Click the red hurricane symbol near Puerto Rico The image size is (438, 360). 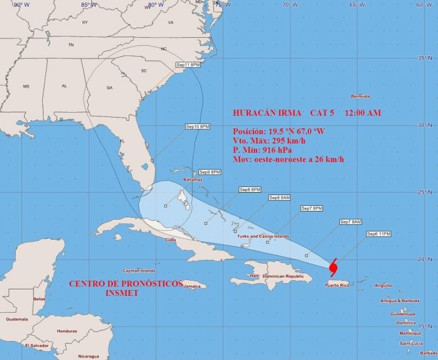click(334, 267)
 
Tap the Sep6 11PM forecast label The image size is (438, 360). click(378, 233)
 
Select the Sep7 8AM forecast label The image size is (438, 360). click(351, 222)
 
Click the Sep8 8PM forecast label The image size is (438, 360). click(250, 189)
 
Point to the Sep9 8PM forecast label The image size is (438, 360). click(210, 172)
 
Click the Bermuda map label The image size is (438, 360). click(361, 96)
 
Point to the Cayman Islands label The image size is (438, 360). click(139, 271)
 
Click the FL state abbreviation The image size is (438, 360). click(123, 142)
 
